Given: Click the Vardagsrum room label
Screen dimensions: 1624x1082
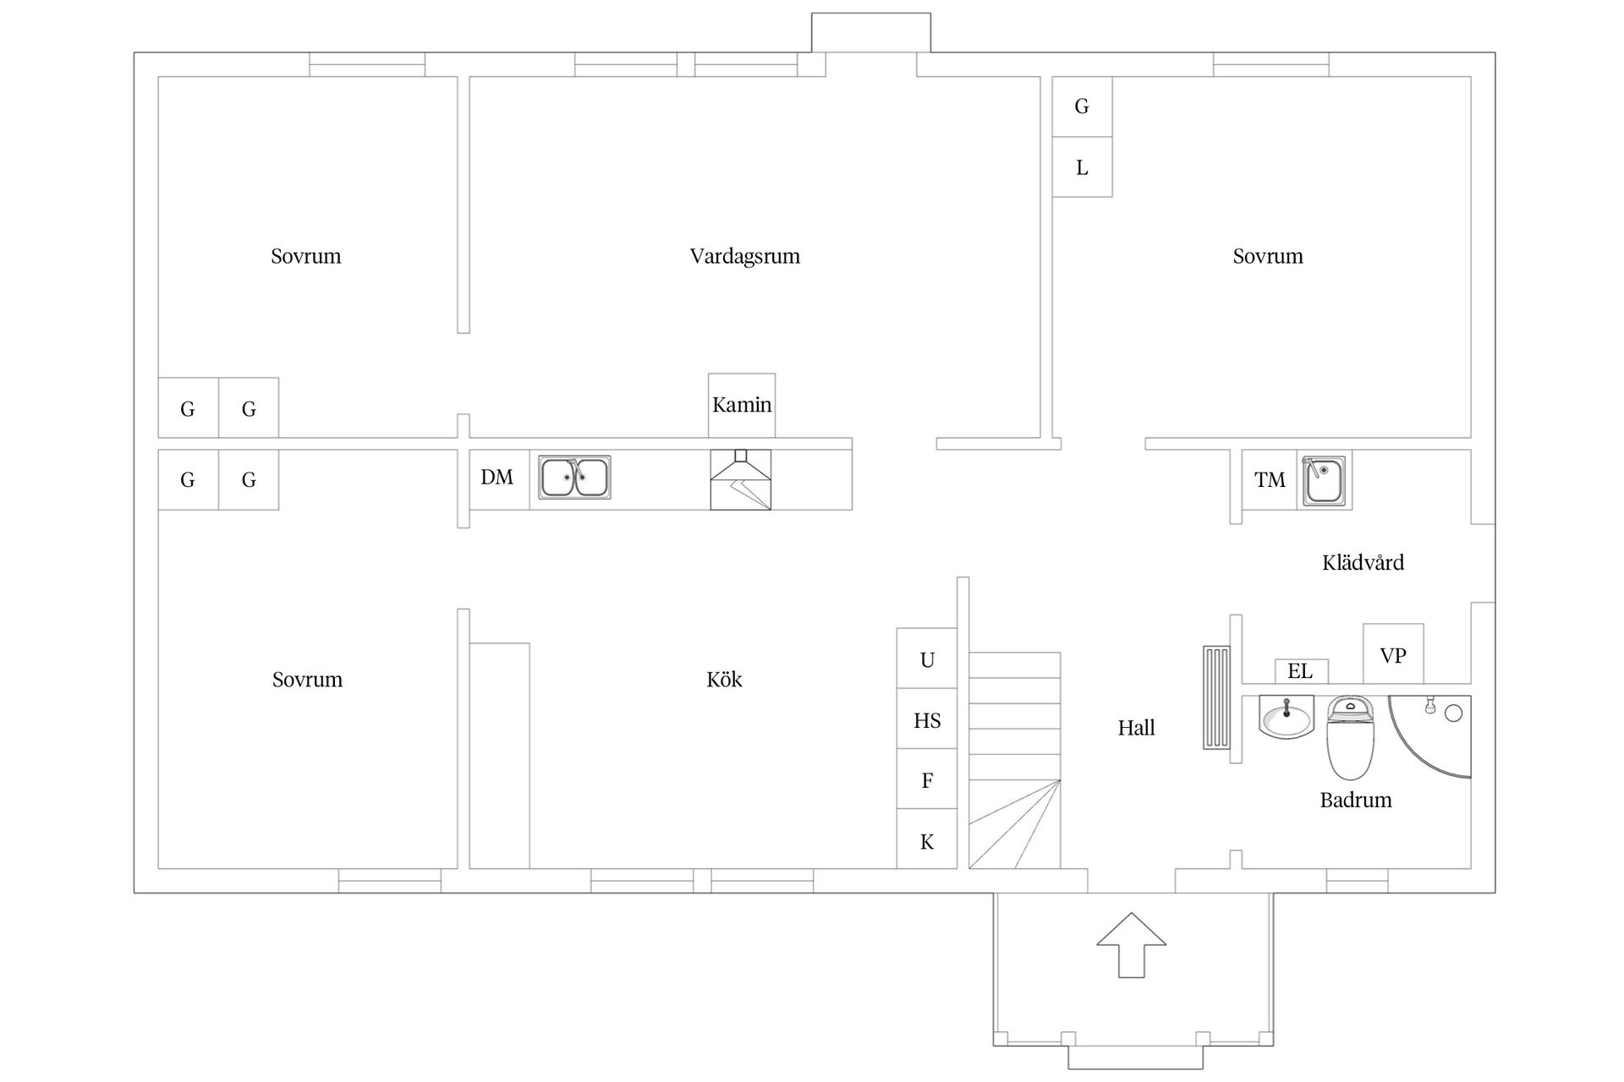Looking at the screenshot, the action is point(744,257).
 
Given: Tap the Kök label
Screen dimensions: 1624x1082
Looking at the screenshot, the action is point(724,680).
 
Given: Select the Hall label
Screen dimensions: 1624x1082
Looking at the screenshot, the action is point(1136,728).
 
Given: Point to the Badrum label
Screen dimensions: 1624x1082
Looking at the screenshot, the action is point(1356,800).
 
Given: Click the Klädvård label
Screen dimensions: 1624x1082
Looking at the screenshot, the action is point(1363,562).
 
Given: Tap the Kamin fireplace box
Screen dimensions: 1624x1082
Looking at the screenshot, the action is point(742,406).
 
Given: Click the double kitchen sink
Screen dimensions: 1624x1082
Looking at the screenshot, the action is point(575,478).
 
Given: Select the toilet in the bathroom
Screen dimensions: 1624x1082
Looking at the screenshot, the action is point(1350,737).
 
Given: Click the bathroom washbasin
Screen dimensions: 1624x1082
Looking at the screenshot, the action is point(1287,717).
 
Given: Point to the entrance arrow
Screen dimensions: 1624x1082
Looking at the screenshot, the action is point(1132,944).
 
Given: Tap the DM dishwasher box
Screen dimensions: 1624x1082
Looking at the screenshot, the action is point(499,479).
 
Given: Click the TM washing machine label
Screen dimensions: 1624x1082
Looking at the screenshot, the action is point(1270,480).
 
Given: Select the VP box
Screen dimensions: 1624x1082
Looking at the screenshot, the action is point(1393,653).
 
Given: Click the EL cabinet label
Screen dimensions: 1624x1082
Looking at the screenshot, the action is point(1300,671).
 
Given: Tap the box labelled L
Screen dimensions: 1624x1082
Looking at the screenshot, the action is point(1082,167).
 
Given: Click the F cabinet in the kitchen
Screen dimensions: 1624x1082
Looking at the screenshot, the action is point(927,779).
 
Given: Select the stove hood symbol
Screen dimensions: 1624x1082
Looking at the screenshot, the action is point(741,479).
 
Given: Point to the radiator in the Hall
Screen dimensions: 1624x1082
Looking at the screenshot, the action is point(1217,697).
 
